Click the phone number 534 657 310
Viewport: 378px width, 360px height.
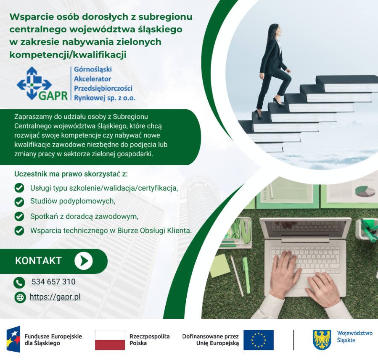click(x=53, y=282)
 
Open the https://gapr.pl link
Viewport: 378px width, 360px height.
click(x=55, y=297)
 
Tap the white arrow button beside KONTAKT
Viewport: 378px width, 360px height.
click(x=83, y=261)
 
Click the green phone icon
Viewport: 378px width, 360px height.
click(x=19, y=282)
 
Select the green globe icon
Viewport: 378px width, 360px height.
click(x=20, y=297)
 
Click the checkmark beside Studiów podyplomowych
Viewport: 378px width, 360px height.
click(x=19, y=202)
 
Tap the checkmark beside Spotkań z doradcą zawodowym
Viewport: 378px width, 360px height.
click(x=19, y=216)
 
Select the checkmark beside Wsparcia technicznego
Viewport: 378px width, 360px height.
click(x=19, y=231)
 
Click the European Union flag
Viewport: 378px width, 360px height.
click(x=258, y=340)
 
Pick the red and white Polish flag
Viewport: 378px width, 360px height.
click(x=110, y=340)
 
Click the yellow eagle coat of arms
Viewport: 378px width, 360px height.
click(x=322, y=339)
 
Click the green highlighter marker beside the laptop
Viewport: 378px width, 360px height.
click(x=246, y=276)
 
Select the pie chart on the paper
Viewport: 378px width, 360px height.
click(x=365, y=191)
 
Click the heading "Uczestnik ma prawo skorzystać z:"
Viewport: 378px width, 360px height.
click(x=71, y=174)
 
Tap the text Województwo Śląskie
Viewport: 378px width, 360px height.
click(x=354, y=336)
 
